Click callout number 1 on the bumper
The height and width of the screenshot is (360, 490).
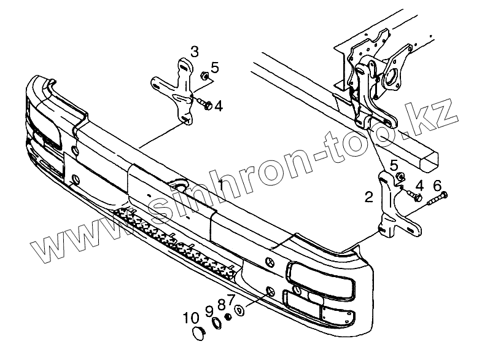tap(220, 182)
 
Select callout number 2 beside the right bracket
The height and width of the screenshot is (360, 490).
tap(368, 197)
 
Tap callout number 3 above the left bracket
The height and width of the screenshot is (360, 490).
tap(194, 50)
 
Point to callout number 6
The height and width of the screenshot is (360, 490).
tap(437, 186)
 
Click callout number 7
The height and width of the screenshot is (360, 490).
tap(231, 299)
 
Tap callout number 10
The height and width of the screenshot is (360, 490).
tap(191, 318)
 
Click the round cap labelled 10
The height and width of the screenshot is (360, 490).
tap(198, 334)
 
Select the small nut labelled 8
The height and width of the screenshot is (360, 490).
tap(228, 316)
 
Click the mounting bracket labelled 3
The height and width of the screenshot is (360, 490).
tap(179, 92)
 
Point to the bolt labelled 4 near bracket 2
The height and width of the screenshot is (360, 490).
tap(415, 197)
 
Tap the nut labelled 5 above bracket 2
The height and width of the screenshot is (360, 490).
tap(399, 178)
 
